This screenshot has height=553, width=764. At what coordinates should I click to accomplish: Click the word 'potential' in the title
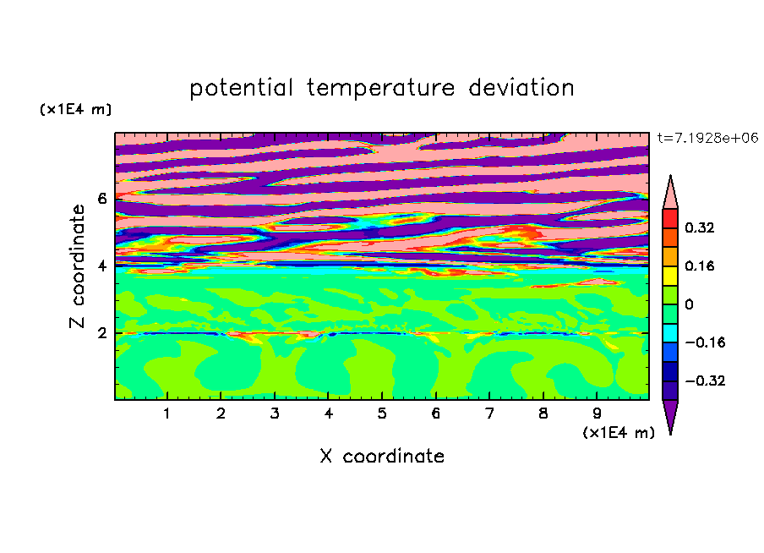tap(241, 88)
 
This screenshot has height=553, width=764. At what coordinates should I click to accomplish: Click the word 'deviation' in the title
tap(521, 87)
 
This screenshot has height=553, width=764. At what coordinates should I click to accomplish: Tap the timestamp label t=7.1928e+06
tap(707, 138)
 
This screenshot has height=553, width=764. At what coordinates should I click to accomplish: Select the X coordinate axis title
tap(382, 456)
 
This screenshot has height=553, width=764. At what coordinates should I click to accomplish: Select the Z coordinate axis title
tap(78, 266)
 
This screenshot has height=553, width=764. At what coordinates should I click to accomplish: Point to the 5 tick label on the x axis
tap(381, 413)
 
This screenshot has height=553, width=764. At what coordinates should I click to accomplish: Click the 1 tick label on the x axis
tap(166, 413)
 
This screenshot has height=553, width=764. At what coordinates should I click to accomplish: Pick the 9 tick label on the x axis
tap(597, 413)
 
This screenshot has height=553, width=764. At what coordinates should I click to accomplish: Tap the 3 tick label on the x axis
tap(275, 413)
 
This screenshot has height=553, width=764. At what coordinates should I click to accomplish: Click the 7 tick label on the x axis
tap(489, 413)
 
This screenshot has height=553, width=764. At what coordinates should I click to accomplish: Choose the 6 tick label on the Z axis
tap(101, 199)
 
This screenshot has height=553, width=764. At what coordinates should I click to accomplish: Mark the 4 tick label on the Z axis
tap(101, 266)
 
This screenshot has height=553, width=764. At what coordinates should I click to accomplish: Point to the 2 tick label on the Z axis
tap(101, 333)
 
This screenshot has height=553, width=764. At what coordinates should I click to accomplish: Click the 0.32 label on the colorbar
tap(699, 227)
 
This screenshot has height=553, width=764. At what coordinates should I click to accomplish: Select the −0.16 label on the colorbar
tap(705, 342)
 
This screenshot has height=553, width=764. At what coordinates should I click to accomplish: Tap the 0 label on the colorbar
tap(689, 304)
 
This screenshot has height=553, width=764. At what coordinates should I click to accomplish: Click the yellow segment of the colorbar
tap(670, 276)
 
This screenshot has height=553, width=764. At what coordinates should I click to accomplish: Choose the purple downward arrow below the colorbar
tap(670, 415)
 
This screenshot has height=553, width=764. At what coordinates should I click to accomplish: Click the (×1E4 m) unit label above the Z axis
tap(75, 109)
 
